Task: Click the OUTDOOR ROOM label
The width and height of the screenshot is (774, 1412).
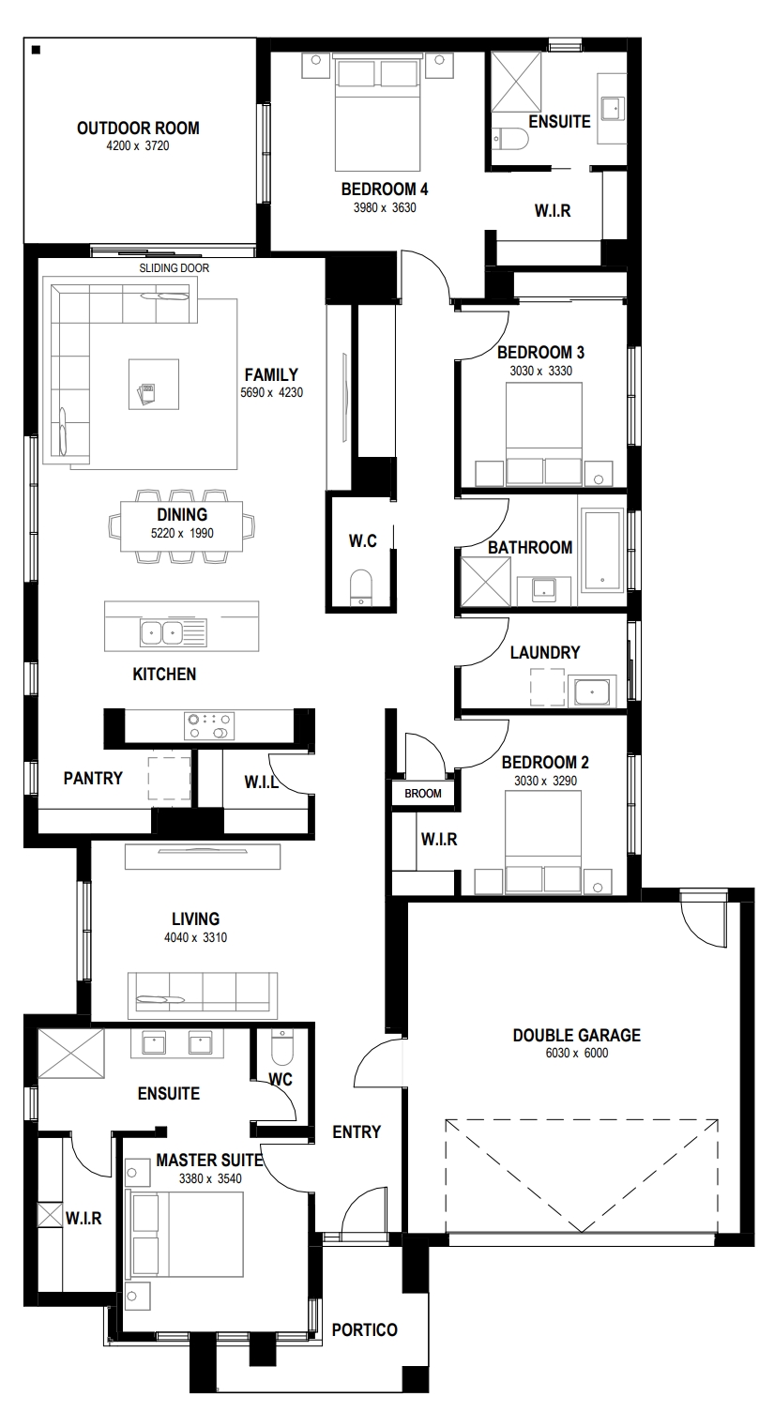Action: (138, 128)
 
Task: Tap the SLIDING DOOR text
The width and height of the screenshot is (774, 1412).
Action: (174, 268)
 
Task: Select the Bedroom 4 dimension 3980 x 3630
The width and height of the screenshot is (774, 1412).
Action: (385, 207)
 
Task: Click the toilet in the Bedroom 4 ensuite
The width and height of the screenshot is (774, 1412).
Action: (510, 139)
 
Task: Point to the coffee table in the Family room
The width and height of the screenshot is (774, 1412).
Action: (153, 384)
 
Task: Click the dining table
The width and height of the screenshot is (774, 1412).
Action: (181, 525)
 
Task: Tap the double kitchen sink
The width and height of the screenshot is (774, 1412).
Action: (162, 632)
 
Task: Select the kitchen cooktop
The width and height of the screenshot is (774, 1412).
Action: (209, 725)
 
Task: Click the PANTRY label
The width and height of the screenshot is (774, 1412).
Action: (93, 779)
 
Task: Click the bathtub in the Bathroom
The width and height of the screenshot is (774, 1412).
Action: (602, 550)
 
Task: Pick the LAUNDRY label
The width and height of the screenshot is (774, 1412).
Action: (544, 652)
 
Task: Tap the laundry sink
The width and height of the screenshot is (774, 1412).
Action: (590, 691)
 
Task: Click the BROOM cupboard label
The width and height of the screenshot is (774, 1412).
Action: (423, 794)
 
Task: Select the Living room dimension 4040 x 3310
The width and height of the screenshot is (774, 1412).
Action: (195, 937)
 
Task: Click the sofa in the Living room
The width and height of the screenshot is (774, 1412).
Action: (203, 995)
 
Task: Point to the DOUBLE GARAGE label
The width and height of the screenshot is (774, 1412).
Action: (577, 1035)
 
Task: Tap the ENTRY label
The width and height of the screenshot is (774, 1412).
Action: (357, 1132)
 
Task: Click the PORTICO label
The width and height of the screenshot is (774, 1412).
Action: (365, 1330)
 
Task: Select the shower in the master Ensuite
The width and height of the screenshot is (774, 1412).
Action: (70, 1054)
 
